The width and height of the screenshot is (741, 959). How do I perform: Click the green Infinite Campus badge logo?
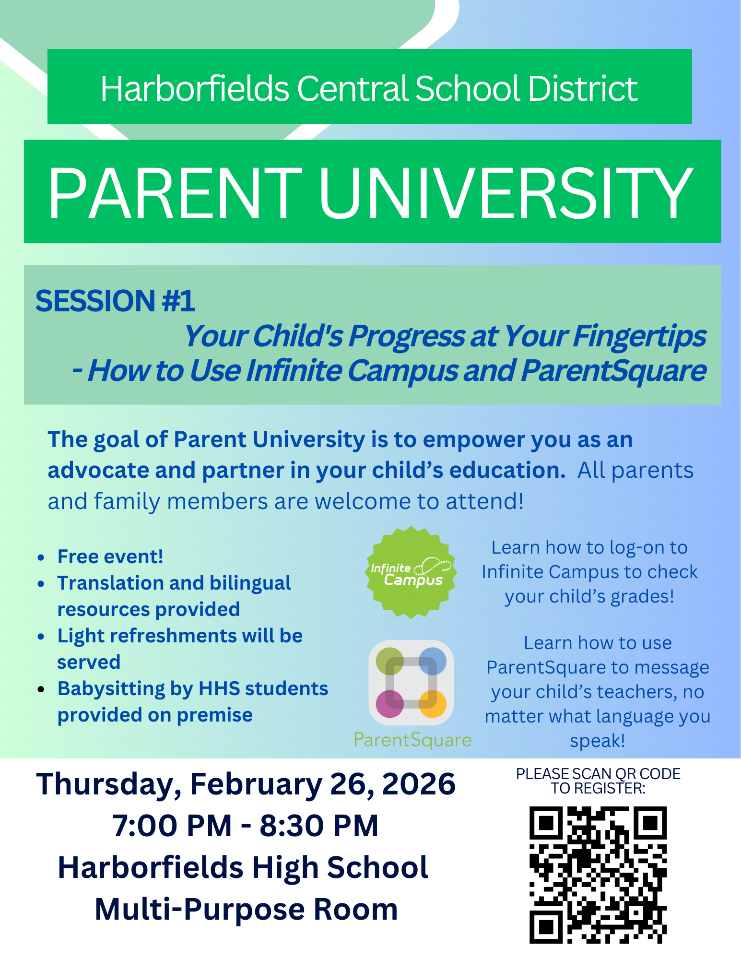click(x=411, y=572)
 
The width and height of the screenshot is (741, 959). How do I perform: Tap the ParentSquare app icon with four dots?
click(x=411, y=683)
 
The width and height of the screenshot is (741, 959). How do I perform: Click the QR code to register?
click(x=598, y=875)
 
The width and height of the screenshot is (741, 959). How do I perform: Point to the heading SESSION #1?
click(x=115, y=301)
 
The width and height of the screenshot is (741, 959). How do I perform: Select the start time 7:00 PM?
click(x=172, y=826)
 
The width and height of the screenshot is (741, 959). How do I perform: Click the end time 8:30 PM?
click(x=319, y=826)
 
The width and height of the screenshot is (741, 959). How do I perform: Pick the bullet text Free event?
click(x=110, y=556)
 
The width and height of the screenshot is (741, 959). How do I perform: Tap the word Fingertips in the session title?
click(x=639, y=336)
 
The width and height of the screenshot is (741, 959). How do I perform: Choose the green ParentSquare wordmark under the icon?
click(x=412, y=740)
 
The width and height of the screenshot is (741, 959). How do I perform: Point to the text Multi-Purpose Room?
click(x=247, y=910)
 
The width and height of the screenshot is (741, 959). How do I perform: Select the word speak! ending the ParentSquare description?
click(x=598, y=741)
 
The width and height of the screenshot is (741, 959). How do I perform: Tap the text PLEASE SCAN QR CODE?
click(x=598, y=774)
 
